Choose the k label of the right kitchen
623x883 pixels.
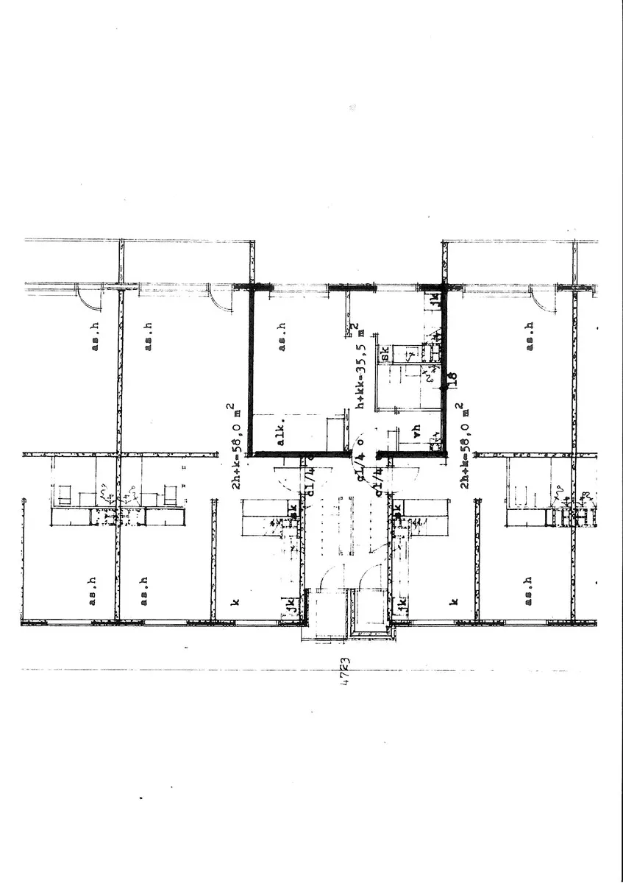click(x=454, y=601)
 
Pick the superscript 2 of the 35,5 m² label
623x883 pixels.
click(x=354, y=326)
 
